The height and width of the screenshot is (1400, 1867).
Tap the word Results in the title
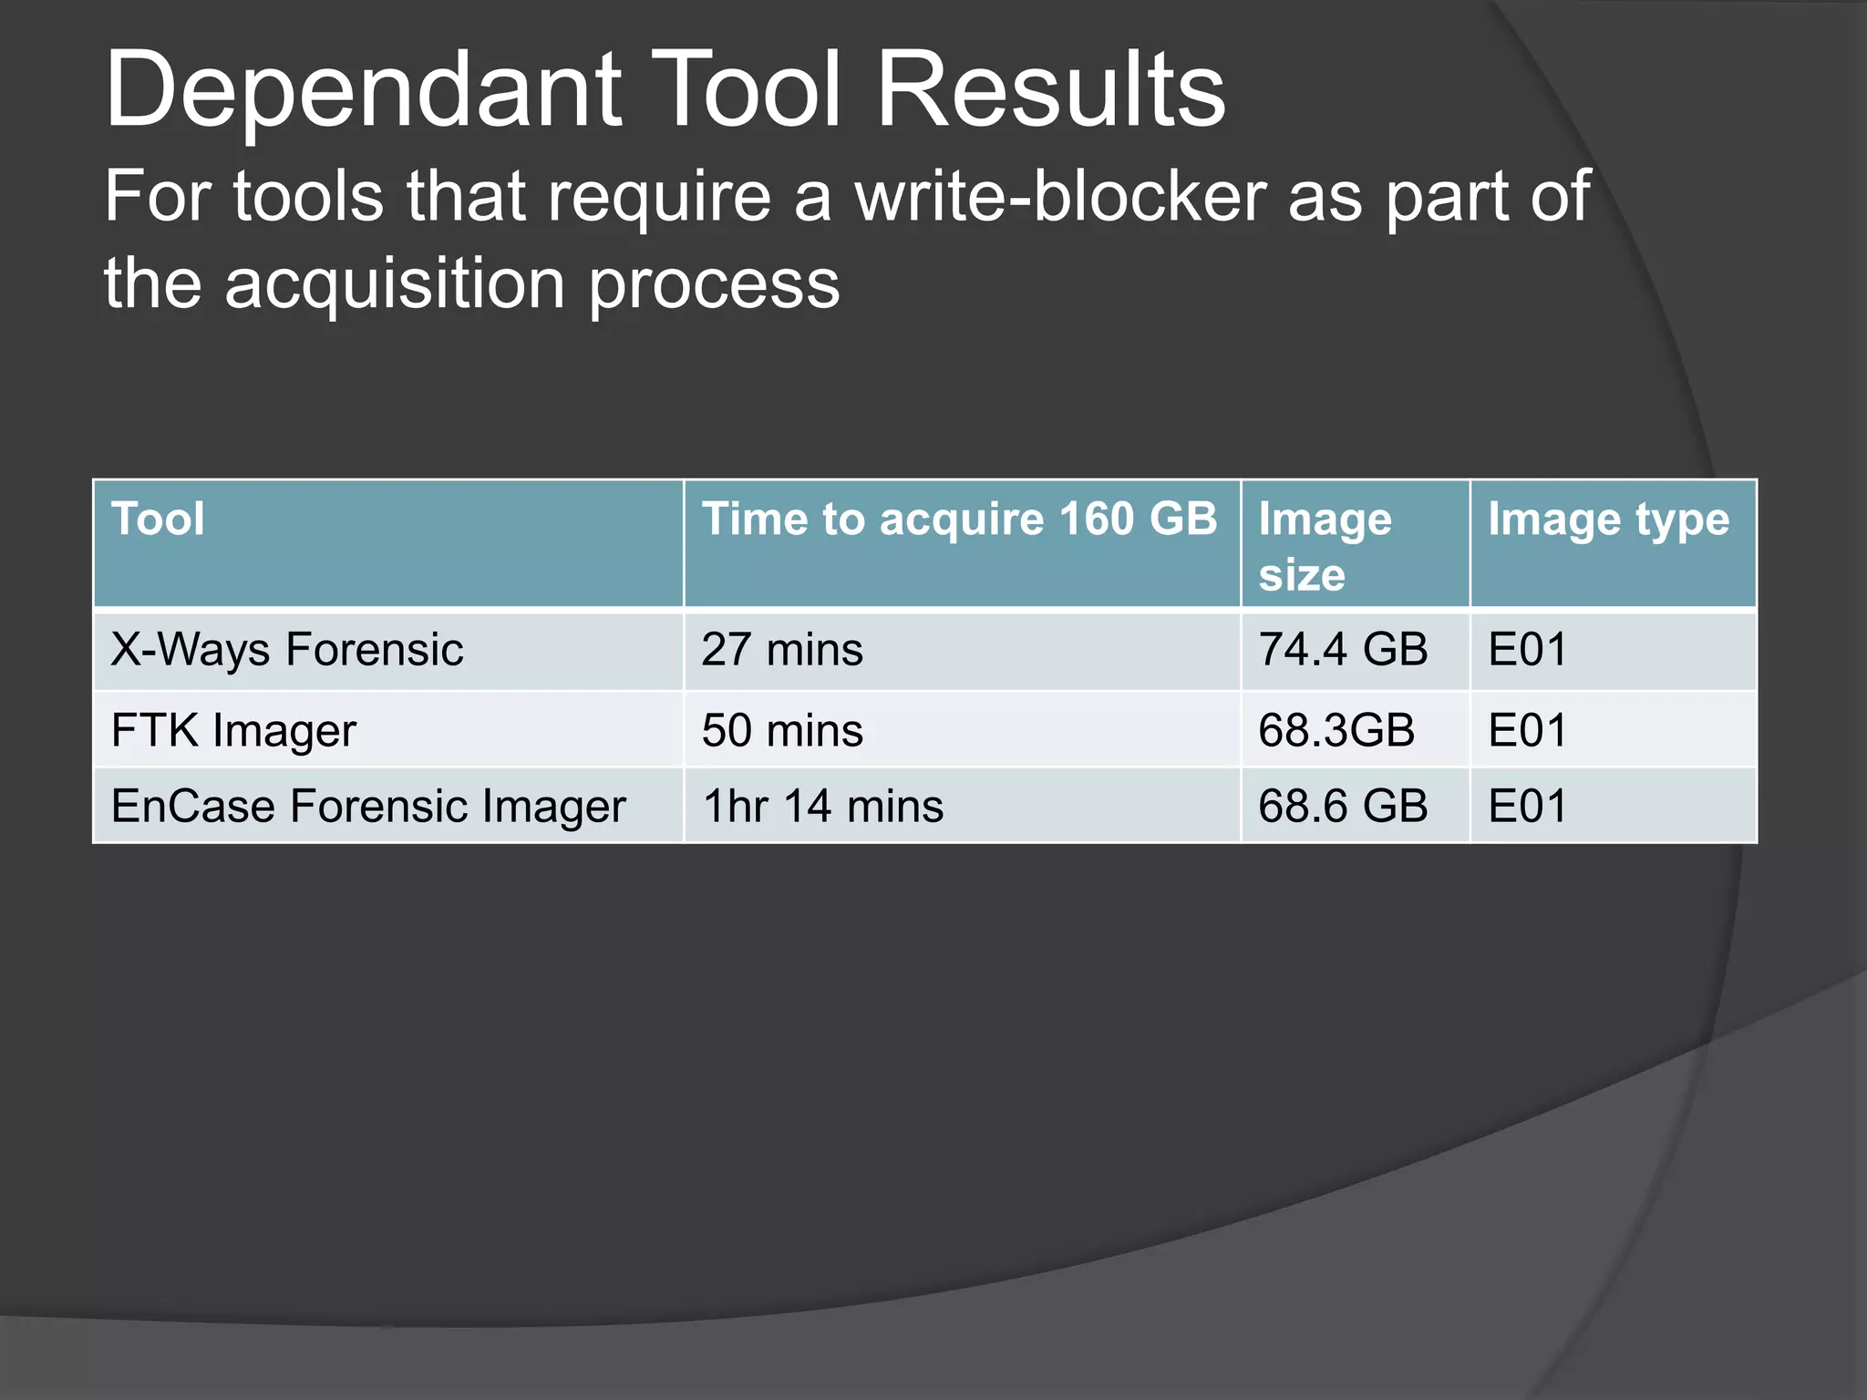(1050, 91)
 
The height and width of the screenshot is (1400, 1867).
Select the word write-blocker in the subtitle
(1060, 197)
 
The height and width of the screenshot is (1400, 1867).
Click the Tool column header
(158, 520)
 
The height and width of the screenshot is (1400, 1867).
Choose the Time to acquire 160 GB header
(959, 520)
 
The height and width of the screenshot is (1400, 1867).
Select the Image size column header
(1325, 547)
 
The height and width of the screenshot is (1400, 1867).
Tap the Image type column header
(1608, 520)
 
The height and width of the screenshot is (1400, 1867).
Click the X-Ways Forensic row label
(287, 650)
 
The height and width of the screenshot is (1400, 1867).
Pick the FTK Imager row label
(233, 730)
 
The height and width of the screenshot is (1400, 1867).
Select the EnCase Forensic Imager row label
(368, 807)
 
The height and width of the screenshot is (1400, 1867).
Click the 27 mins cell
(782, 650)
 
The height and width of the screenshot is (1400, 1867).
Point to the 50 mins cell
(782, 730)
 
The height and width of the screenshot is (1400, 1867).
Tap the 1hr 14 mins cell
(823, 807)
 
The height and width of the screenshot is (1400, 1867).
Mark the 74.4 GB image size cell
(1343, 650)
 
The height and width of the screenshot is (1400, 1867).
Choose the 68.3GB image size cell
(1336, 730)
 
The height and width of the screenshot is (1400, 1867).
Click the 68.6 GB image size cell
(1343, 807)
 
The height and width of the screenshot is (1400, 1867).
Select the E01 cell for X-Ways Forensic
(1528, 650)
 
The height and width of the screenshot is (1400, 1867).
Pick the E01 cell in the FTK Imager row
(1528, 730)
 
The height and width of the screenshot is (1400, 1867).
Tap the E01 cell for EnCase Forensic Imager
(1528, 807)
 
